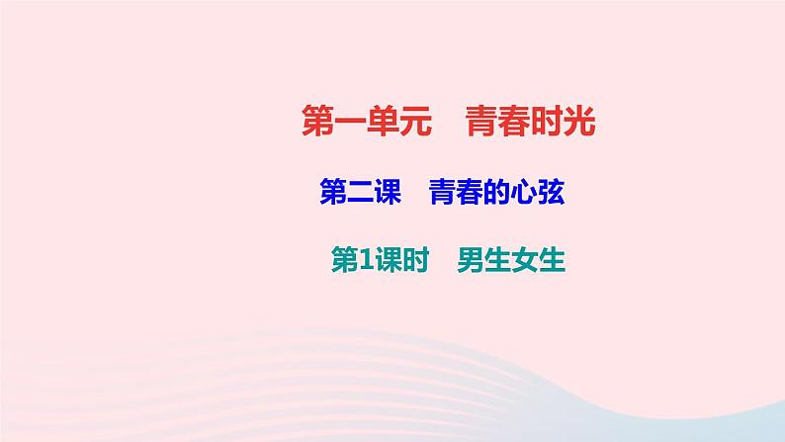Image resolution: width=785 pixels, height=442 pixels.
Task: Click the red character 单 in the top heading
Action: (381, 125)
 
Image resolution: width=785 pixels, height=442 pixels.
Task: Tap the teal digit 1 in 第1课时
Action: (362, 260)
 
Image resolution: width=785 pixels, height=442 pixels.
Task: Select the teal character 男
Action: (471, 260)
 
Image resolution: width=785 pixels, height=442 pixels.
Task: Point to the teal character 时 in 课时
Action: (413, 260)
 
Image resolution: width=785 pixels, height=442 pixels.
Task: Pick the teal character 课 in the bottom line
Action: (386, 260)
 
